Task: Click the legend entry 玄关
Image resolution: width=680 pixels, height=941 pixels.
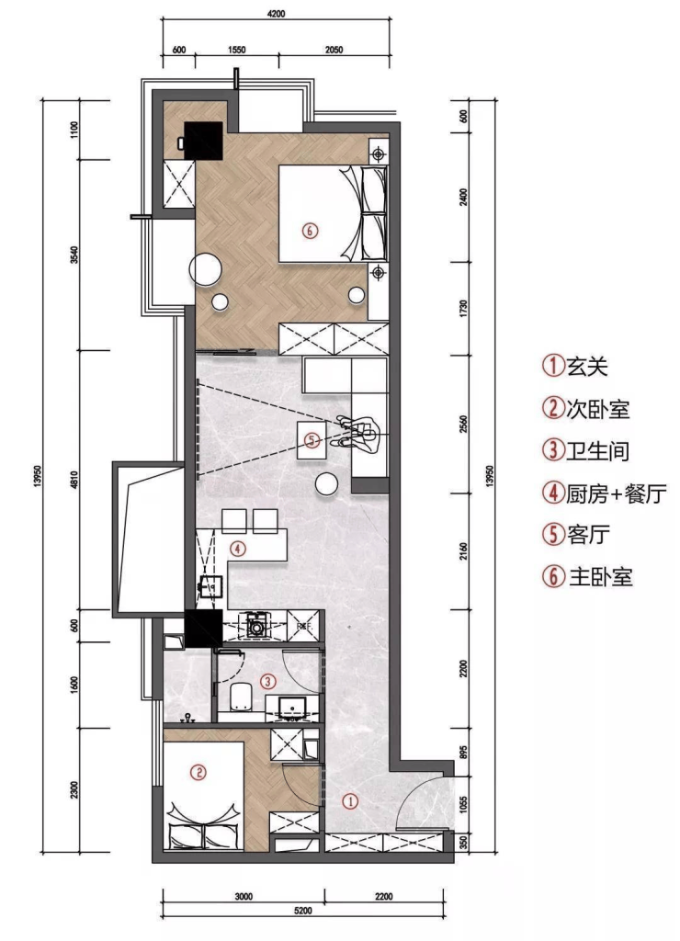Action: click(x=587, y=366)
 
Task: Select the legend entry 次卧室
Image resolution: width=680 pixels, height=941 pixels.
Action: click(x=598, y=409)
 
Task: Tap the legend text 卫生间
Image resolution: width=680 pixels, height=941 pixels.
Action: click(x=598, y=450)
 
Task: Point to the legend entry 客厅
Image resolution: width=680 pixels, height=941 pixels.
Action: click(x=588, y=534)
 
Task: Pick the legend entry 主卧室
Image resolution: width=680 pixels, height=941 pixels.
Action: click(x=600, y=577)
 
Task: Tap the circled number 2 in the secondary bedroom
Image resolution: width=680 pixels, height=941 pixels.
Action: click(x=198, y=772)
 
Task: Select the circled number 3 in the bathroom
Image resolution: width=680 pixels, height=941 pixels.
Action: click(x=267, y=681)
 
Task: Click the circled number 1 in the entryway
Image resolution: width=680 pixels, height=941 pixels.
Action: click(x=350, y=800)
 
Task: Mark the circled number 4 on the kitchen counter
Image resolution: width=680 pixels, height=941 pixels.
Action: click(x=238, y=549)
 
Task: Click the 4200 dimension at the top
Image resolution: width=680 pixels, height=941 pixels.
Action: click(x=276, y=14)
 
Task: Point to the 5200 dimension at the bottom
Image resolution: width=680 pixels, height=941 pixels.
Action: click(x=303, y=911)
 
